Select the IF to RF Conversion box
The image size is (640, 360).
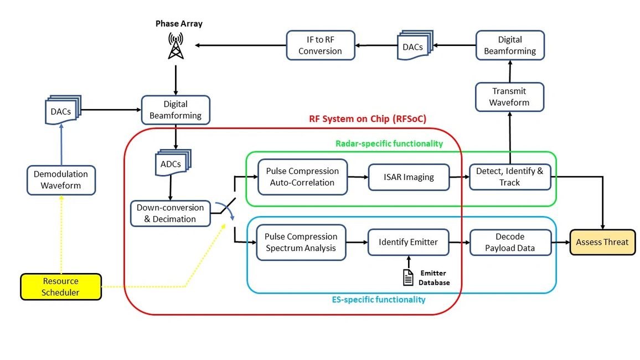320,45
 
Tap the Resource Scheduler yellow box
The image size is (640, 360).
61,287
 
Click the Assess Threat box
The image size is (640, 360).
602,242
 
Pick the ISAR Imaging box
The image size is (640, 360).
409,177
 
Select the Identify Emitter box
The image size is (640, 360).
408,242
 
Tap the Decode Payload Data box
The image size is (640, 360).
510,242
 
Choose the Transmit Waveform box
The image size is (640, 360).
509,96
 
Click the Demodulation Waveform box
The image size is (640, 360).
61,180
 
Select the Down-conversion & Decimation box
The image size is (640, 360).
170,213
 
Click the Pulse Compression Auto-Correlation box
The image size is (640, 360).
302,177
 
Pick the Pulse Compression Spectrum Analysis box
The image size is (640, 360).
301,242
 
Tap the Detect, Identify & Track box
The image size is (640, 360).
509,177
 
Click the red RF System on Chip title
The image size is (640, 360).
367,119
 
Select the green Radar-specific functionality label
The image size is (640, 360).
389,143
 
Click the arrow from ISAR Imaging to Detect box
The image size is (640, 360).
459,177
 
